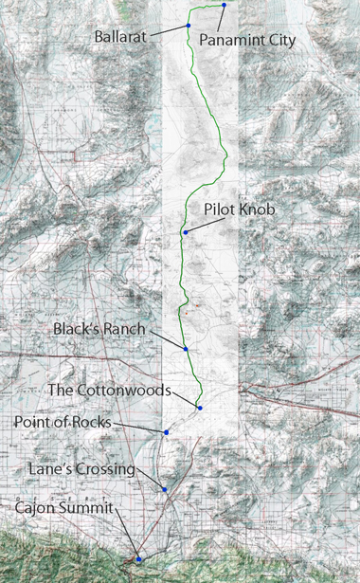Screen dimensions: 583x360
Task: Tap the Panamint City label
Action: pos(248,41)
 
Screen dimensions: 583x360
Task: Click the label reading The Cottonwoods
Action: pos(109,390)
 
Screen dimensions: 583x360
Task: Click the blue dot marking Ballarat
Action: pos(189,25)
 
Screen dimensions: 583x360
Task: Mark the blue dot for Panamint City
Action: pos(225,6)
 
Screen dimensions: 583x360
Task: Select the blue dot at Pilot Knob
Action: pos(186,232)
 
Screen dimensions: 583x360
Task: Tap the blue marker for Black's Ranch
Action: pos(187,350)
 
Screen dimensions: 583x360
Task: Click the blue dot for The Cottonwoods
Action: pos(200,408)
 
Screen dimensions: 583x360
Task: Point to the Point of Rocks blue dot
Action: pos(167,432)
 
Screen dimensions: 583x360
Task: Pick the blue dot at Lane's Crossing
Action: pos(165,489)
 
